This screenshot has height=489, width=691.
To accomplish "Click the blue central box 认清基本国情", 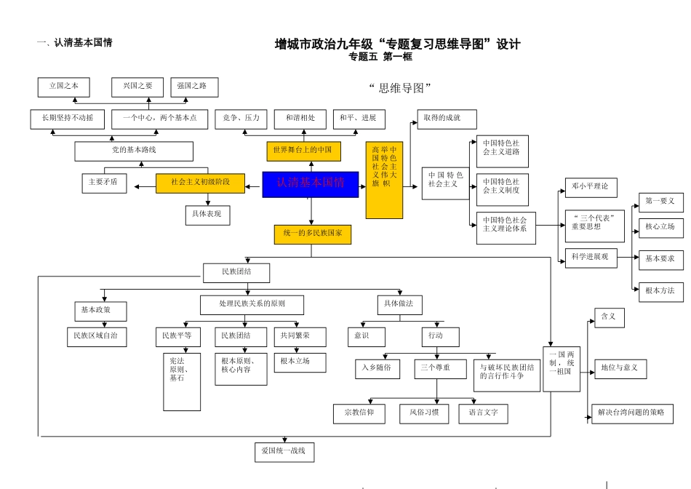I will point(311,184).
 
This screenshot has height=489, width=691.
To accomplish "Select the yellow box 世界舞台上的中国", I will point(303,151).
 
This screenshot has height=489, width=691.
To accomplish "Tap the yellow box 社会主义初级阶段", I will point(200,183).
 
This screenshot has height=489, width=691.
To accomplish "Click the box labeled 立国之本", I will point(63,87).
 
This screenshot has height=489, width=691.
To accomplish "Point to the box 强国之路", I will point(193,87).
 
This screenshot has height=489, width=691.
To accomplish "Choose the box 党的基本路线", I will point(134,151).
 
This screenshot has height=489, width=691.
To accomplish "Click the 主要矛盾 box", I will point(103,183).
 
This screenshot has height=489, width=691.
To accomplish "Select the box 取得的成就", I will point(447,119).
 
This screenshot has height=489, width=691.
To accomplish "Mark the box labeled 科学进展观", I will point(591,258).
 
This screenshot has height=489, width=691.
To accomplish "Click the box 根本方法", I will point(661,292).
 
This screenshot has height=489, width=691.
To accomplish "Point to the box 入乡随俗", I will point(378,369).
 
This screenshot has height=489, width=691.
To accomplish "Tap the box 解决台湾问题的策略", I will point(631,413).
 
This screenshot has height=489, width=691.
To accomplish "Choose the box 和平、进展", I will point(359,119).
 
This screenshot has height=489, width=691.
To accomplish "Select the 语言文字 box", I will point(483,413).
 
